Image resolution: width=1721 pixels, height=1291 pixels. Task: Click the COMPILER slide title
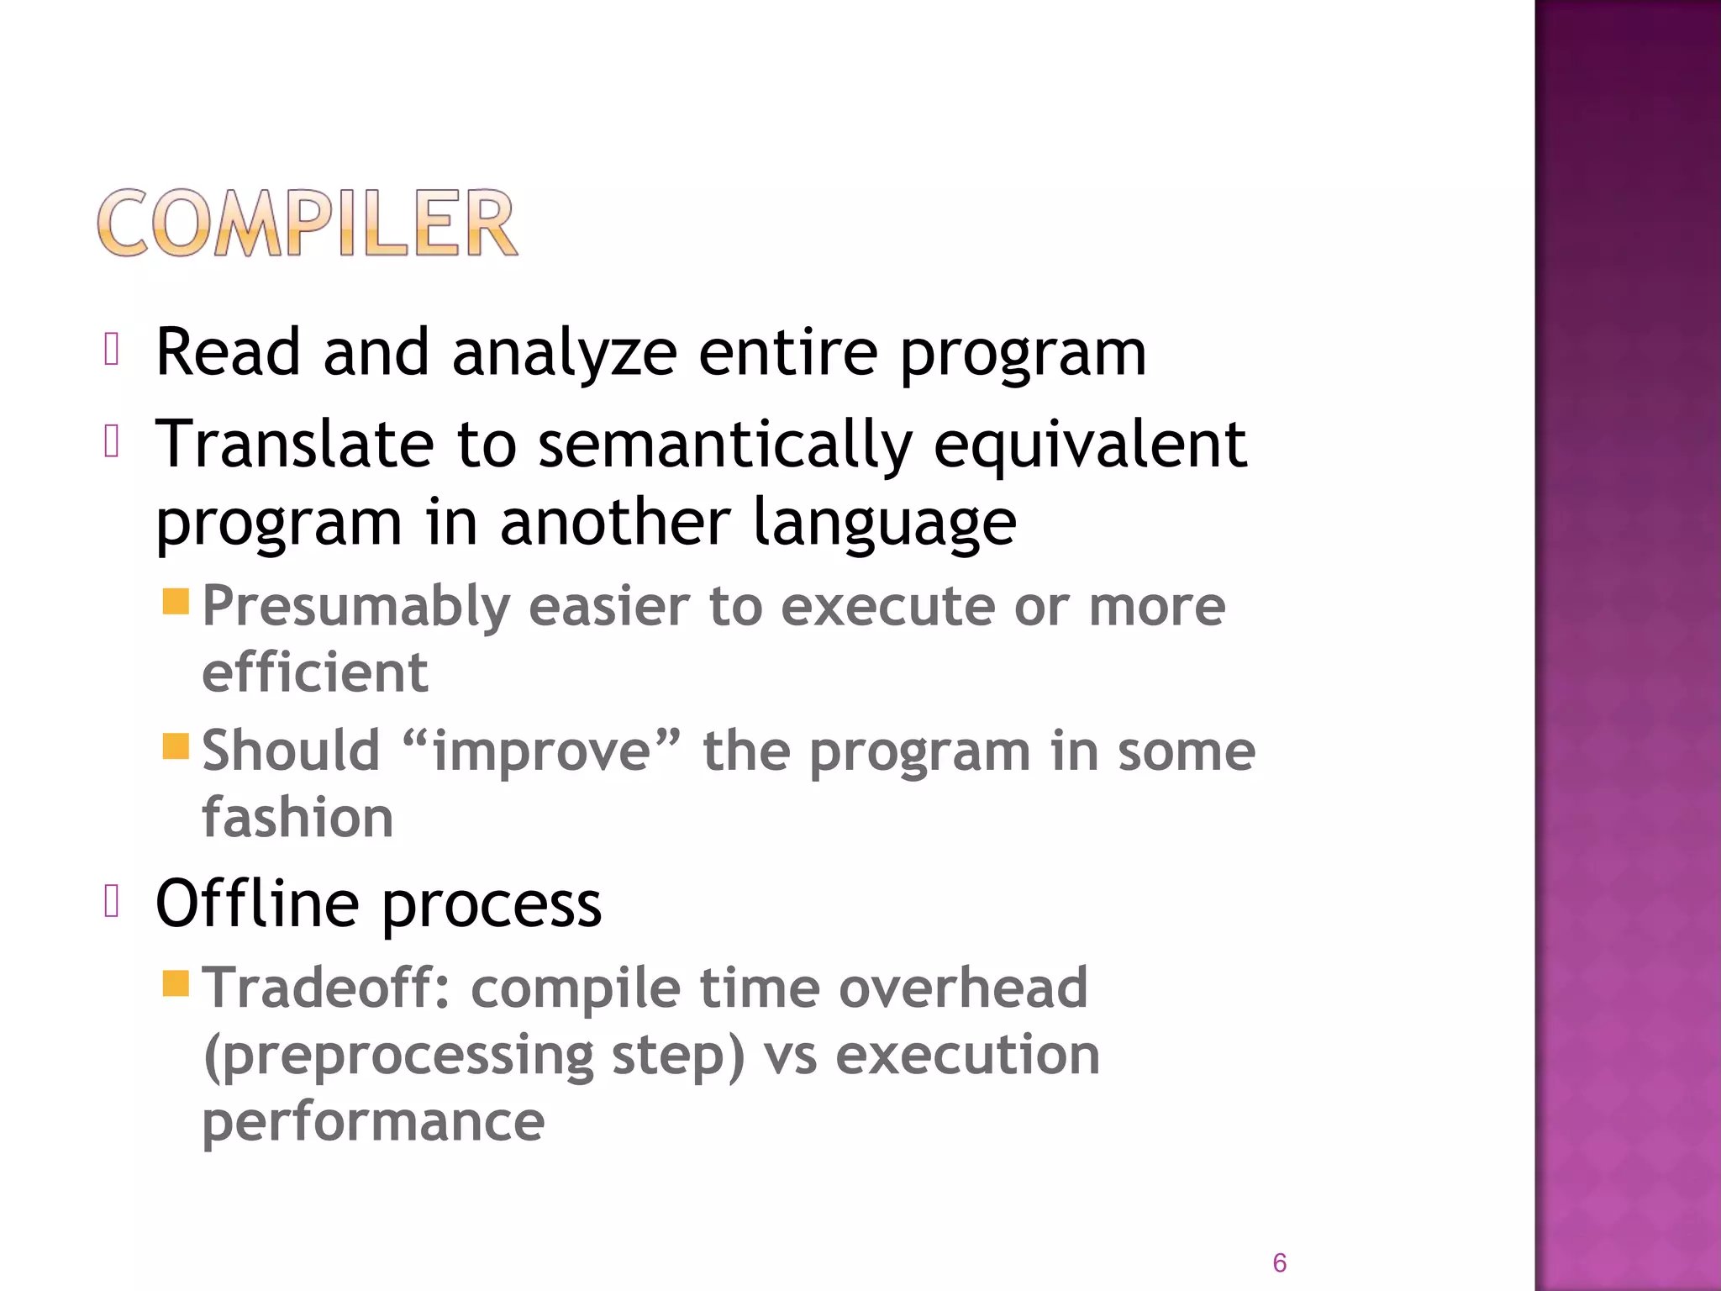(x=308, y=223)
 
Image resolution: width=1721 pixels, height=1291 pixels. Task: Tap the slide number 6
(x=1279, y=1262)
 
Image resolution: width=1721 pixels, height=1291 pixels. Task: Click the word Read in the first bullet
(x=228, y=352)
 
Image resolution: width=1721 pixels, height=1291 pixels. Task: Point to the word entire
(x=788, y=352)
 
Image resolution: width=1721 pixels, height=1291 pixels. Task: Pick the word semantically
(x=724, y=445)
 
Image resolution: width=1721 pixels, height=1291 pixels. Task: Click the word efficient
(x=315, y=672)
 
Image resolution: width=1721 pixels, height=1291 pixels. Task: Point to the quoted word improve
(x=542, y=751)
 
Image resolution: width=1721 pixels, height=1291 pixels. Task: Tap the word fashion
(x=297, y=818)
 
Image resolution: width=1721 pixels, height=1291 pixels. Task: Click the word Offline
(x=257, y=904)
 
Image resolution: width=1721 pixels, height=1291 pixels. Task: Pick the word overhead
(x=963, y=988)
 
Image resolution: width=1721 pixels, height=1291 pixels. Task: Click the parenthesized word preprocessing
(x=408, y=1057)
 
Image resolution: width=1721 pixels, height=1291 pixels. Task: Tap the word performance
(x=373, y=1122)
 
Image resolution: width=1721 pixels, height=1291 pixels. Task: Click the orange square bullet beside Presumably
(x=176, y=601)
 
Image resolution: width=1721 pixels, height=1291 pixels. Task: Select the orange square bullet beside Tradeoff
(x=176, y=983)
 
